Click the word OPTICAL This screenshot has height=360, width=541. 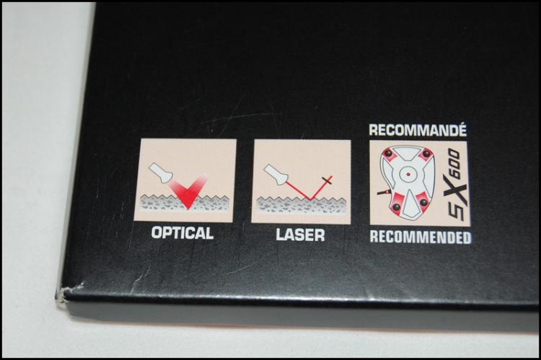(x=182, y=233)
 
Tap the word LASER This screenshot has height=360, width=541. (x=300, y=235)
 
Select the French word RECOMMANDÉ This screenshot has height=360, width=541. (x=418, y=130)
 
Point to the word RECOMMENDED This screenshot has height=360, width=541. (x=421, y=237)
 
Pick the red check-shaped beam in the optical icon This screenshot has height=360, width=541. (x=188, y=192)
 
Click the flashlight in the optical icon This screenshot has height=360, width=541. (x=160, y=172)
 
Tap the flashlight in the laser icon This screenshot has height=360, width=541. (x=276, y=174)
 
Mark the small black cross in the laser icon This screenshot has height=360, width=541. (x=327, y=180)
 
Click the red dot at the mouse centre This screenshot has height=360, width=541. (x=408, y=175)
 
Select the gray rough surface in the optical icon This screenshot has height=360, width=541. (x=184, y=203)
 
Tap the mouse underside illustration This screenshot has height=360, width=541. (x=408, y=183)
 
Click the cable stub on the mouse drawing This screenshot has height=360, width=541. (x=383, y=192)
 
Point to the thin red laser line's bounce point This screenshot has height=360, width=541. (x=309, y=200)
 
